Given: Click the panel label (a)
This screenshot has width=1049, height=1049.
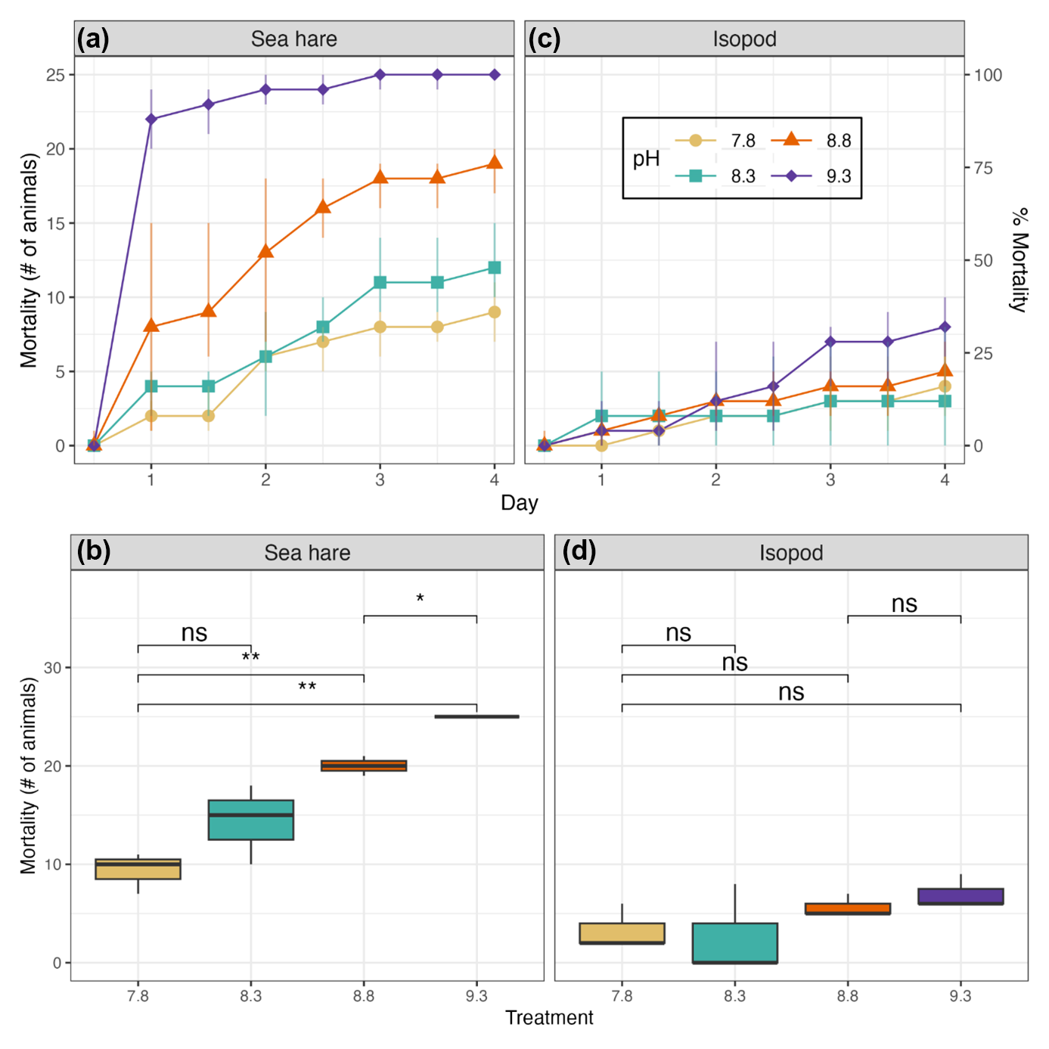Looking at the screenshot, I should coord(93,39).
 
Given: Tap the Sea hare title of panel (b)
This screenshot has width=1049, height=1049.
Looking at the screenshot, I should coord(307,553).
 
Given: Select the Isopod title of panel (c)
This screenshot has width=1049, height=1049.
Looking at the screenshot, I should coord(744,39).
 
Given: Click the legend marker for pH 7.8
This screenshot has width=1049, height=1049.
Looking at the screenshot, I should coord(696,141).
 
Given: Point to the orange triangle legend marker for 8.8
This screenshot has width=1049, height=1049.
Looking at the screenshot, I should coord(791,139).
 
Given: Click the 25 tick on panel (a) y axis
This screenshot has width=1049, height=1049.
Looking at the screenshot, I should coord(55,75).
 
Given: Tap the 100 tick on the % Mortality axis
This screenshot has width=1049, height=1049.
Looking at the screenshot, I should coord(988,75).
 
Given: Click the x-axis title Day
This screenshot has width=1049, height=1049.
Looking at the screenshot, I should coord(519,503).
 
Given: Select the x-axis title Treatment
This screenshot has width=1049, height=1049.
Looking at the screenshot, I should coord(549,1018).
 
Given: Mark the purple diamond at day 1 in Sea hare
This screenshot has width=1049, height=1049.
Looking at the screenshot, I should coord(151,119).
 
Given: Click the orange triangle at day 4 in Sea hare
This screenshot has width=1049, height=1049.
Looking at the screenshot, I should coord(495,163).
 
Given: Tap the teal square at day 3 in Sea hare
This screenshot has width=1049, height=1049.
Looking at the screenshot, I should coord(380,282).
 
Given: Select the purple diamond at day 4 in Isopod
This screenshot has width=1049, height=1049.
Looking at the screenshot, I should coord(945,327).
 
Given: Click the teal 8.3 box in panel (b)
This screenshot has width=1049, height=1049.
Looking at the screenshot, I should coord(251,820).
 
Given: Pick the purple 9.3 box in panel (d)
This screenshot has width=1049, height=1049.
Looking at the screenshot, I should coord(961,896).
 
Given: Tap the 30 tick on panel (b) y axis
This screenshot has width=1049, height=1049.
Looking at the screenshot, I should coord(52,668).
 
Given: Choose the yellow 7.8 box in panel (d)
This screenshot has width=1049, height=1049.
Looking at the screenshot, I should coord(622,933).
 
